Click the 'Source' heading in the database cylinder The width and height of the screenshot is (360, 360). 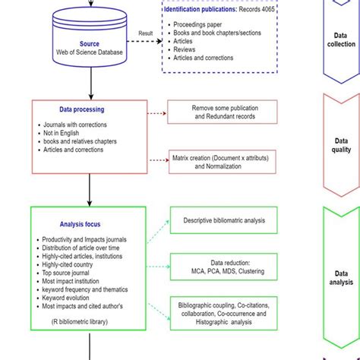coord(89,44)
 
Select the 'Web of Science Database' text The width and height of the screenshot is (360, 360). coord(90,53)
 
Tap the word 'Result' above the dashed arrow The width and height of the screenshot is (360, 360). coord(146,33)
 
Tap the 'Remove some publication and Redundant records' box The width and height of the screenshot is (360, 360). coord(222,112)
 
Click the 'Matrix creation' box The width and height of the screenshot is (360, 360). coord(222,161)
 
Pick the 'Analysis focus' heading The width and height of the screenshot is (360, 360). coord(80,224)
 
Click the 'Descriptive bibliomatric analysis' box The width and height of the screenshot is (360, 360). coord(223,221)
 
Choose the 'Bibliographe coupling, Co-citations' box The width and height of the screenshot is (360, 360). coord(223,312)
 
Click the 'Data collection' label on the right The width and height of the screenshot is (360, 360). coord(341,39)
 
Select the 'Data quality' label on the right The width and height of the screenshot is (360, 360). coord(341,145)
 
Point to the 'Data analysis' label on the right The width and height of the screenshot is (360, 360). coord(341,277)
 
